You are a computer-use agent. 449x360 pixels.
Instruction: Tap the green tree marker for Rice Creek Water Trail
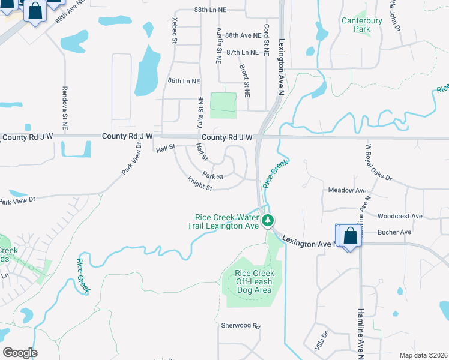[x=268, y=221]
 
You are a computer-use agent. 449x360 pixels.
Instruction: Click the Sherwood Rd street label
[x=240, y=326]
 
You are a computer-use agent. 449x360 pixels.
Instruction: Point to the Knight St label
[x=200, y=183]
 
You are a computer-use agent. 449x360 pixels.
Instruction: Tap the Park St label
[x=212, y=176]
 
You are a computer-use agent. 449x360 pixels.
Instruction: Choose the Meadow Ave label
[x=347, y=190]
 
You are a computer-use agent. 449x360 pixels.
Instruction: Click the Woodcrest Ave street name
[x=400, y=216]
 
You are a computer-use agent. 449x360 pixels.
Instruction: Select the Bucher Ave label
[x=394, y=232]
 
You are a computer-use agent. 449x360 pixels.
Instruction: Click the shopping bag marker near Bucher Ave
[x=350, y=235]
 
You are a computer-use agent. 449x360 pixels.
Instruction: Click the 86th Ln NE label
[x=184, y=81]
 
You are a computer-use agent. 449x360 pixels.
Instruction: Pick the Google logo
[x=20, y=353]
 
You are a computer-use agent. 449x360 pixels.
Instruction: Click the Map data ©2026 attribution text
[x=423, y=355]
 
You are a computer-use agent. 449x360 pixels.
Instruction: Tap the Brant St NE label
[x=246, y=80]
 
